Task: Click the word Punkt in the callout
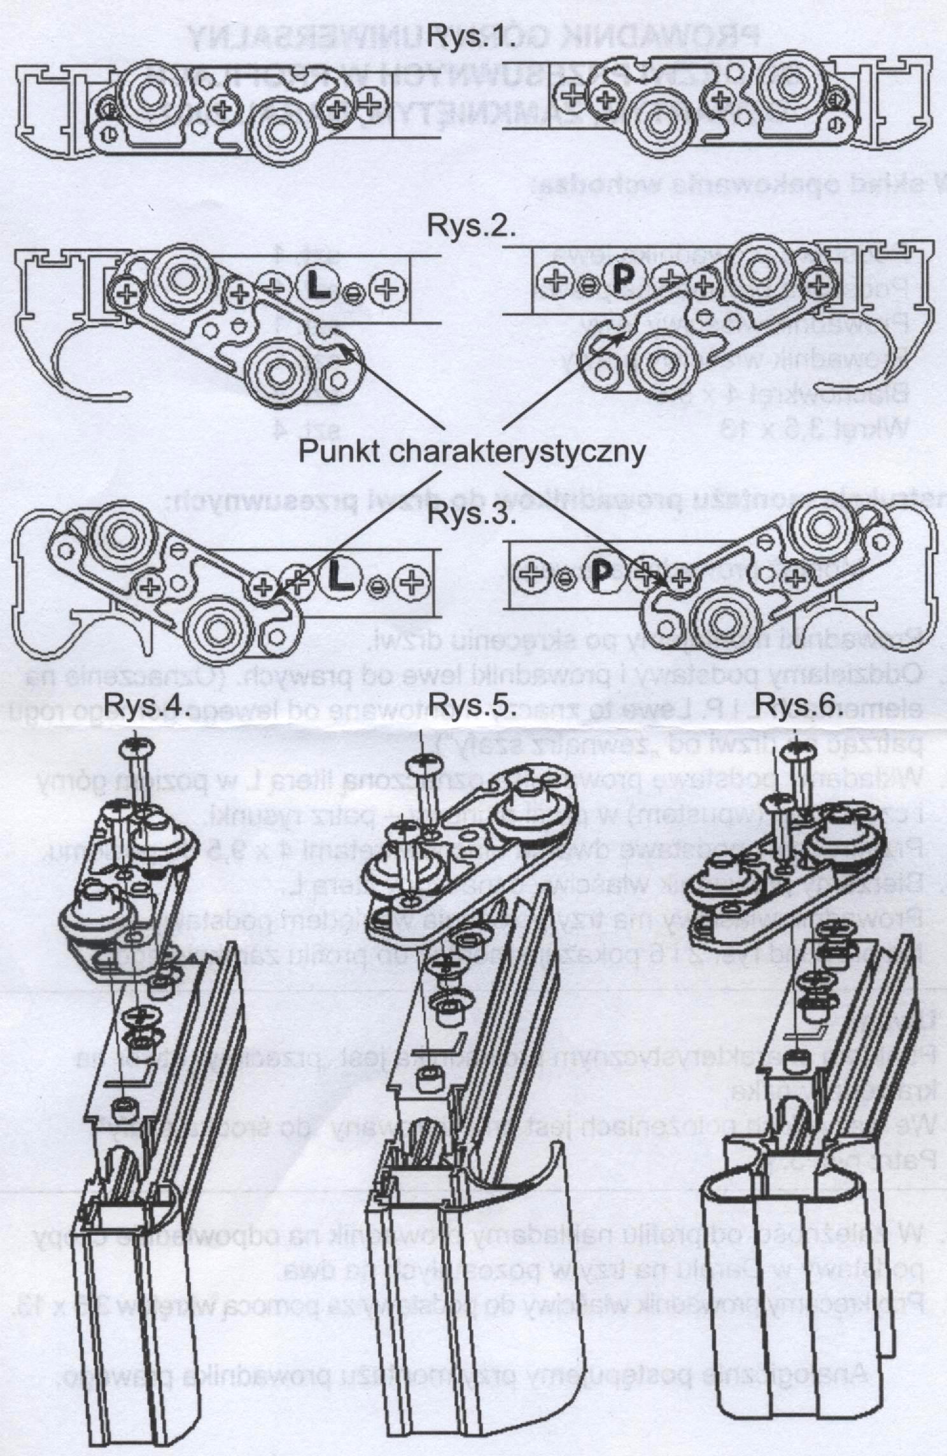click(338, 453)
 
